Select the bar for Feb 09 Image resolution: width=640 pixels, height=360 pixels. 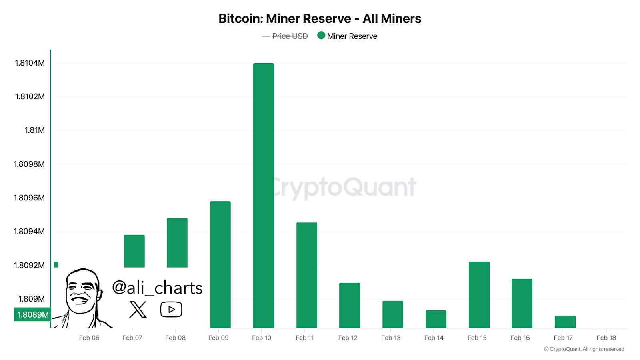point(220,264)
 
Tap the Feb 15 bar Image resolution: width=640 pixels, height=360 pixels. point(479,294)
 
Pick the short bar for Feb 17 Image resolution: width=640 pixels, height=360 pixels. point(565,322)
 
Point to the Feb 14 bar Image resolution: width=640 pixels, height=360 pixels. point(436,319)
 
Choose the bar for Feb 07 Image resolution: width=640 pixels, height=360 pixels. point(134,251)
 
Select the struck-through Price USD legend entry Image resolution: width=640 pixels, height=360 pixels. point(290,36)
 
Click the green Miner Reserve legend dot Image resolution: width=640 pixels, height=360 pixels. point(321,36)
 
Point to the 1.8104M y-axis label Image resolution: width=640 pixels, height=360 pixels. point(30,63)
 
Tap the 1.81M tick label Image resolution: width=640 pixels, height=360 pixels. point(35,130)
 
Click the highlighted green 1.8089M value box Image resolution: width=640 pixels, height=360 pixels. point(32,314)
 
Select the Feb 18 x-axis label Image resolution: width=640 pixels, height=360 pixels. point(606,338)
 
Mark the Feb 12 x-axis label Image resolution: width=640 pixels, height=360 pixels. point(348,338)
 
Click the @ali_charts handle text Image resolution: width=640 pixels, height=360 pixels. point(157,288)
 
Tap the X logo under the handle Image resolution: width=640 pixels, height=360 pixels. point(138,309)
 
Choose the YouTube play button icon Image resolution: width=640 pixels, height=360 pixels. point(171,309)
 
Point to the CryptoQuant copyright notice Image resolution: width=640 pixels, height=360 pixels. point(584,349)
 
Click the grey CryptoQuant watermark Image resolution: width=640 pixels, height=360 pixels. point(344,187)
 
